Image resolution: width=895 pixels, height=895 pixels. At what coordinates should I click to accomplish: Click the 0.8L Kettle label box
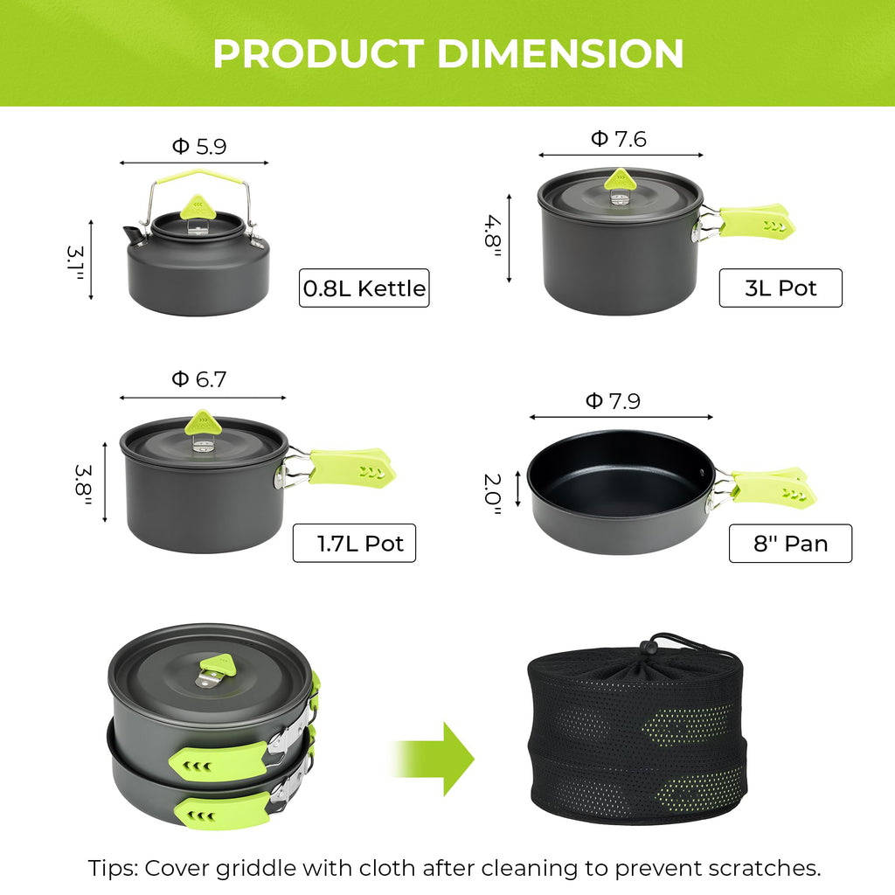point(364,288)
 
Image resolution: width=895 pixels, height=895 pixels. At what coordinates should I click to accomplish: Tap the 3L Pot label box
point(780,288)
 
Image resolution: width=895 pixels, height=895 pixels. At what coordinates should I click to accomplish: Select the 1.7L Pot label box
point(354,543)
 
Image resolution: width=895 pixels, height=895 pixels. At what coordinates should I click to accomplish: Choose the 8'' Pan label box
point(790,544)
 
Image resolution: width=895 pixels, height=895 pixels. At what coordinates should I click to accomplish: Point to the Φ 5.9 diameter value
point(198,147)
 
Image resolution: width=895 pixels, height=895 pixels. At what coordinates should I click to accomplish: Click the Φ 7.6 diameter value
point(619,139)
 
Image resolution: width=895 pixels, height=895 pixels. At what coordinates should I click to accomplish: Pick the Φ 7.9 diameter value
point(613,401)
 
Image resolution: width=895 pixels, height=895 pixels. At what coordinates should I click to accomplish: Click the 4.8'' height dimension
point(491,235)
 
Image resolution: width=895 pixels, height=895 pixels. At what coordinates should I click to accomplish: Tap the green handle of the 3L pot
point(756,221)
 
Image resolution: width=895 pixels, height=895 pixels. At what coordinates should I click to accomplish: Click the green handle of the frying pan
point(773,488)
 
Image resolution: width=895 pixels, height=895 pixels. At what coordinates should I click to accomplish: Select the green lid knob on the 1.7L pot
point(203,424)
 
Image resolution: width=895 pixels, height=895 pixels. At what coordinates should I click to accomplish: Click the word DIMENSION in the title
point(560,54)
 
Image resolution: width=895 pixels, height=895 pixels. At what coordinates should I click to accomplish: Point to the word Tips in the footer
point(114,869)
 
